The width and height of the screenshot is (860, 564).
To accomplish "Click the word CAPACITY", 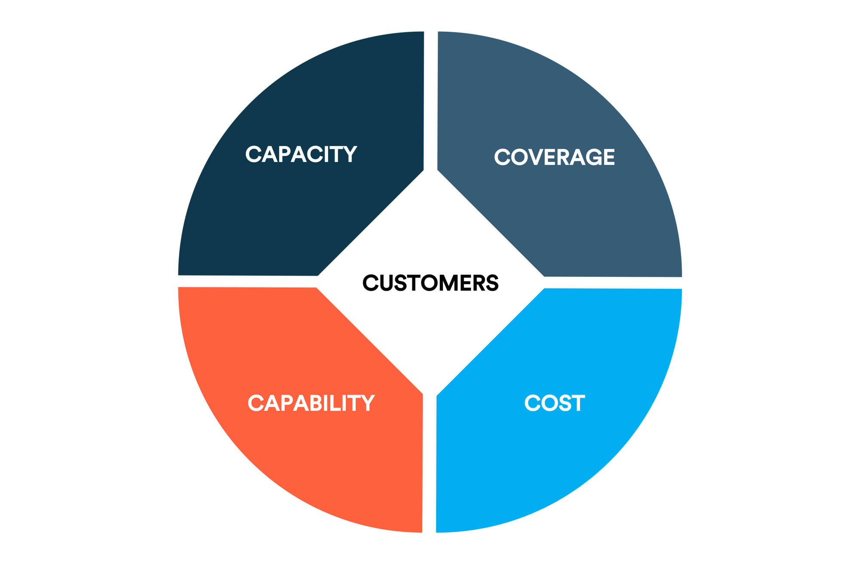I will tap(301, 154).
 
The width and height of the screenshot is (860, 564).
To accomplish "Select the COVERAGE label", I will tap(554, 157).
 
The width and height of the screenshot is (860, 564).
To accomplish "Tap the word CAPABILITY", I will tap(311, 403).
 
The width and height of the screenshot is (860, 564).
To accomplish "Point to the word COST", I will tap(554, 403).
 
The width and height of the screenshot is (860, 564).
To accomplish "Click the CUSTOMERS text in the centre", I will tap(430, 283).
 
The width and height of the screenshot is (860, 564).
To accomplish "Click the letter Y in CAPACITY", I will tap(349, 154).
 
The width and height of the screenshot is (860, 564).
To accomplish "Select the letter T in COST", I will tap(577, 403).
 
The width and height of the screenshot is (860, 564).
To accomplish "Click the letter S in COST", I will tap(562, 403).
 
